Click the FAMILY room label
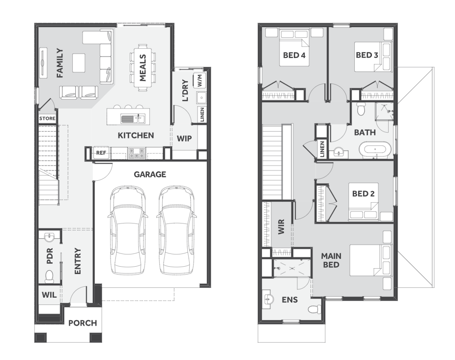[x=60, y=63]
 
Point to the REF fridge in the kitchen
[x=101, y=153]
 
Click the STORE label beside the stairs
[x=47, y=118]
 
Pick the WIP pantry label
[x=184, y=138]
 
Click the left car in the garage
[x=127, y=230]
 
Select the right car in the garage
[x=176, y=230]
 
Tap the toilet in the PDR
[x=49, y=277]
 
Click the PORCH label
[x=83, y=323]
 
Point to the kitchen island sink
[x=127, y=119]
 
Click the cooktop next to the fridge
[x=137, y=153]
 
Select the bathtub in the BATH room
[x=375, y=150]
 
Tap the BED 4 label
[x=294, y=55]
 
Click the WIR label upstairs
[x=281, y=226]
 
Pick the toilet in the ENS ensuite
[x=313, y=309]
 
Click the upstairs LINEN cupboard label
[x=322, y=149]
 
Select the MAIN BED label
[x=331, y=260]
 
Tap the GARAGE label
[x=150, y=174]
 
